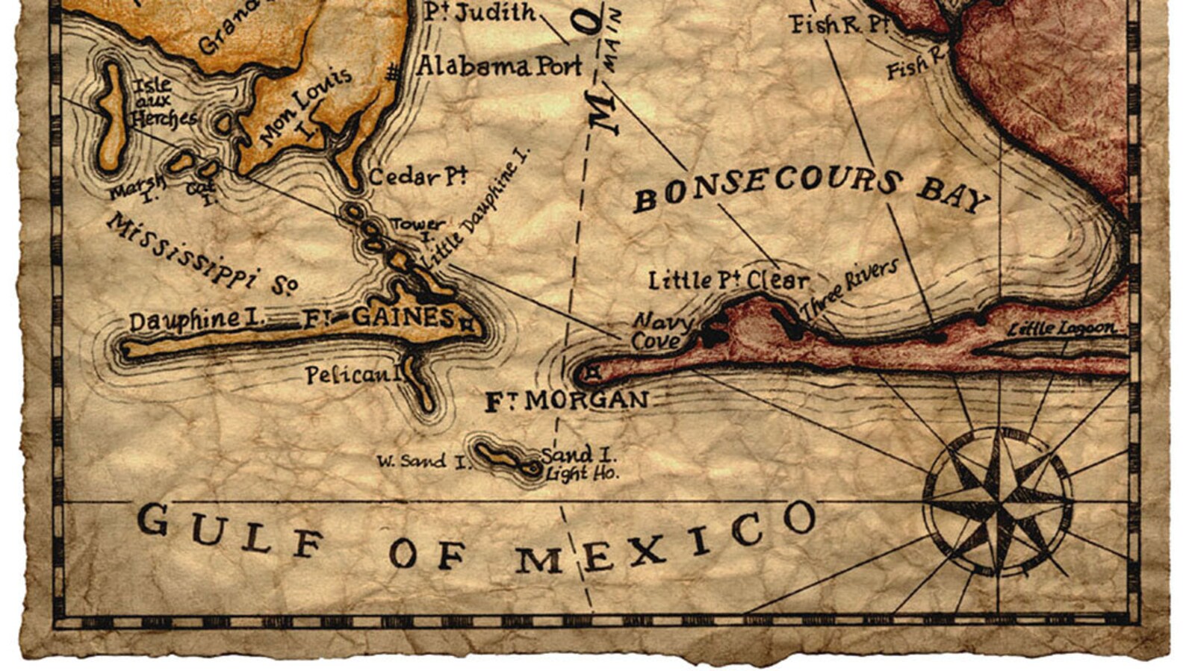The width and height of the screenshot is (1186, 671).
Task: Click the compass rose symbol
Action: pos(998,502)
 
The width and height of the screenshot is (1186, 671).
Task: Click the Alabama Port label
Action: pos(498,66)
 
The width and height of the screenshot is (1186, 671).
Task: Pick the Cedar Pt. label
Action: pos(417,178)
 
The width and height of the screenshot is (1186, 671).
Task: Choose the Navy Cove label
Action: pos(657,331)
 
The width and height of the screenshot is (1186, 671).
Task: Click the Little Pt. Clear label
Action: pos(727,281)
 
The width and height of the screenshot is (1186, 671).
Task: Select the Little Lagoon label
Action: pos(1061,328)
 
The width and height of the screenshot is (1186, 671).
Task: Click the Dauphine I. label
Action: pos(196,321)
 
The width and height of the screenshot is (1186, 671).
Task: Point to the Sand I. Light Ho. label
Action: pos(580,464)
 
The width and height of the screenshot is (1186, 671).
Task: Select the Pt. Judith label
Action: pos(480,13)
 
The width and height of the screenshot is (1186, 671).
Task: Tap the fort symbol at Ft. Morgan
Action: pos(593,371)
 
